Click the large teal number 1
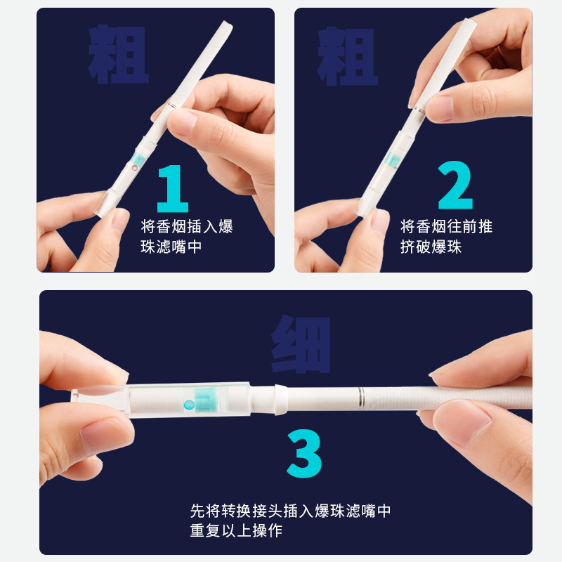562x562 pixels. pos(172,188)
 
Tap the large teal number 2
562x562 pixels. pos(455,186)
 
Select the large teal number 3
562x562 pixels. pos(304,455)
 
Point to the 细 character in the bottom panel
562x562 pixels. pos(301,344)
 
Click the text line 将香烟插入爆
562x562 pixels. pos(187,227)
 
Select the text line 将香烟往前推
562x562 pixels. pos(447,227)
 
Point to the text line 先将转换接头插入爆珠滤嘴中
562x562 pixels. pos(290,511)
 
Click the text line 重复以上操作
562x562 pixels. pos(236,530)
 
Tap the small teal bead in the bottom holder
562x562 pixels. pos(188,405)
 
